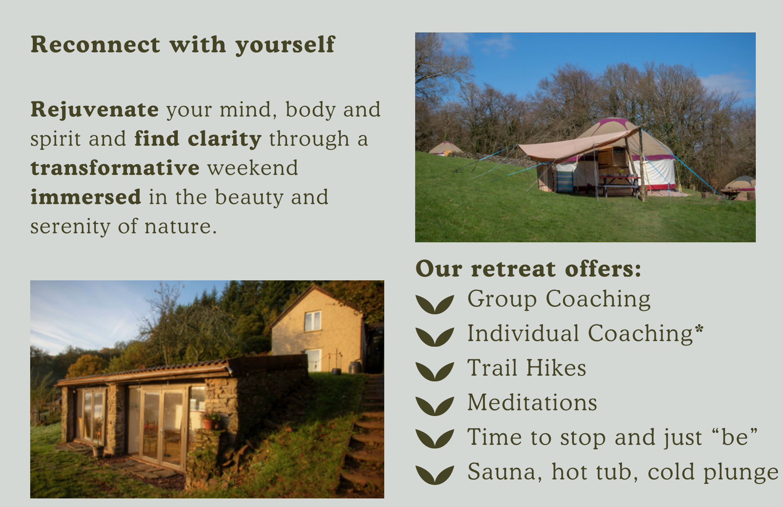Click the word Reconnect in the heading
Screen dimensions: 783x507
[x=95, y=45]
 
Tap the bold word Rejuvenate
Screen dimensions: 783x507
[x=95, y=110]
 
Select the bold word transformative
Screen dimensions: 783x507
[x=115, y=168]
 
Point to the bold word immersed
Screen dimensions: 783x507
[x=86, y=197]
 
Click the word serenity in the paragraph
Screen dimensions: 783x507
[x=70, y=227]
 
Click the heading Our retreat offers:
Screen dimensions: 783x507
[x=528, y=269]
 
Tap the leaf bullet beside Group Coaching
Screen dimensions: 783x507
[x=435, y=304]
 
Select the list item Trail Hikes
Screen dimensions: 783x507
[x=527, y=368]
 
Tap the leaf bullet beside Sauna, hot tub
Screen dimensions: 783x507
[x=435, y=475]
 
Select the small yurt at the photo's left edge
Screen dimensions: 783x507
[x=445, y=148]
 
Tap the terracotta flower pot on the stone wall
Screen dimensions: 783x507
[x=208, y=424]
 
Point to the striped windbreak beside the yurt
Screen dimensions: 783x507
[x=565, y=181]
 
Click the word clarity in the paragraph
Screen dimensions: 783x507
[x=224, y=139]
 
